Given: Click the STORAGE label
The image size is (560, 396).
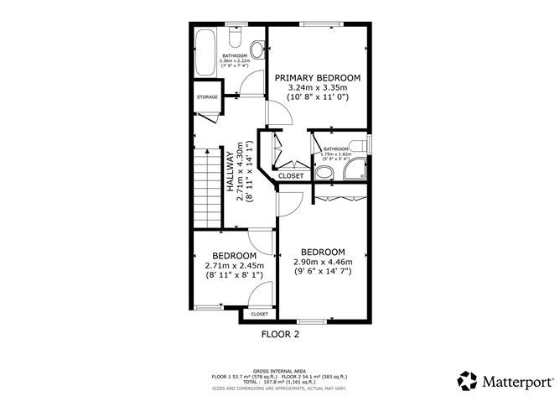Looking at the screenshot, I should pyautogui.click(x=207, y=97).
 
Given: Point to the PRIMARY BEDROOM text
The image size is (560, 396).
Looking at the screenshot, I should pyautogui.click(x=317, y=76).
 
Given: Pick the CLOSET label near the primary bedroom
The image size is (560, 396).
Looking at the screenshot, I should pyautogui.click(x=291, y=176).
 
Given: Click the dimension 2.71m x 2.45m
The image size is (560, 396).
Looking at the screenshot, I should pyautogui.click(x=233, y=266).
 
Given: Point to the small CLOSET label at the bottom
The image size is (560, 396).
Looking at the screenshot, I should pyautogui.click(x=259, y=314).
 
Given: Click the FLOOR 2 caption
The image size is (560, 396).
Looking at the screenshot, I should pyautogui.click(x=280, y=334).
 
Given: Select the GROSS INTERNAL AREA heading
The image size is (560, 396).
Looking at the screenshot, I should pyautogui.click(x=279, y=369).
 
